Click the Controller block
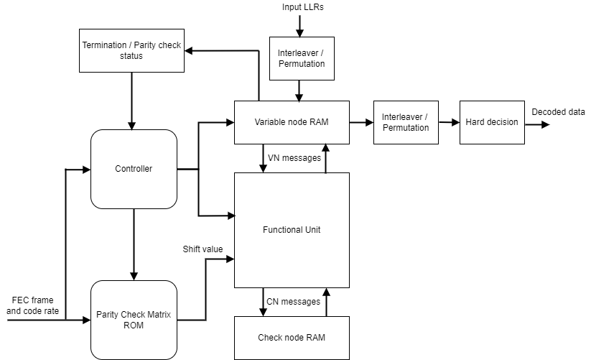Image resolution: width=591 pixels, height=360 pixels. click(x=134, y=169)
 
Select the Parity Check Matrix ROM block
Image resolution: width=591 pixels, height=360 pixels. click(x=134, y=319)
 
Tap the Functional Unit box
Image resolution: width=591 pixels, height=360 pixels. click(x=292, y=230)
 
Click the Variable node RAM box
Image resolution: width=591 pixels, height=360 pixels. click(x=292, y=122)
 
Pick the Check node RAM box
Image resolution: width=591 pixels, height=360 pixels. click(x=292, y=338)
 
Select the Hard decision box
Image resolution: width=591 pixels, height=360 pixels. click(x=492, y=122)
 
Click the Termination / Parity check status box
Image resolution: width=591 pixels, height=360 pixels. click(x=131, y=50)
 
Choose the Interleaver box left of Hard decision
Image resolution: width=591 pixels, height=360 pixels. click(x=406, y=122)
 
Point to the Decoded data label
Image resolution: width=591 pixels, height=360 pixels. click(x=558, y=111)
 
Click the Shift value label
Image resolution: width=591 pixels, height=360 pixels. click(x=203, y=249)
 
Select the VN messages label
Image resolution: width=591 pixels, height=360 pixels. click(x=294, y=157)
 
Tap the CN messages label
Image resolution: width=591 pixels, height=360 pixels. click(x=293, y=301)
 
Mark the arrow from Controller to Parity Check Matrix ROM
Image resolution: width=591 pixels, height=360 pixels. click(x=134, y=244)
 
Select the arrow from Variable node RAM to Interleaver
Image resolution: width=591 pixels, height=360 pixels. click(x=361, y=122)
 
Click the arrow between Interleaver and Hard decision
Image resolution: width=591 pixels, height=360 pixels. click(x=449, y=122)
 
